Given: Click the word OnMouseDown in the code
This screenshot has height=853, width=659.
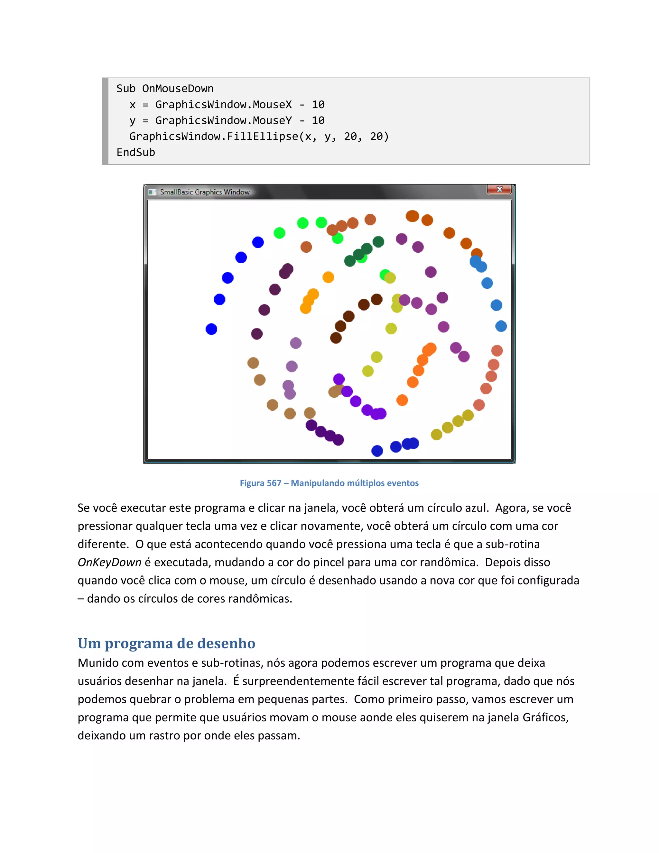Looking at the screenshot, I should (x=178, y=89).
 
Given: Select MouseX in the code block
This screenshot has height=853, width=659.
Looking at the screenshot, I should (x=272, y=105).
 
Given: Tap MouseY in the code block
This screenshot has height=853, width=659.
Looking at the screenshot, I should (x=272, y=121).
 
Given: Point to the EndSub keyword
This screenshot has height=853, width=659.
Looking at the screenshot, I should (x=135, y=152).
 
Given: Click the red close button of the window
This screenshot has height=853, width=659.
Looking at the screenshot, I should (x=499, y=189).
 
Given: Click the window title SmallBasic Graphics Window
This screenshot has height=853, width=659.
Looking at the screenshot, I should (x=205, y=192).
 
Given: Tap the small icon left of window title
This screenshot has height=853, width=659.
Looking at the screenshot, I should (x=152, y=192).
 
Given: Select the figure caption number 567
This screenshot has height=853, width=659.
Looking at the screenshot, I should (x=274, y=483).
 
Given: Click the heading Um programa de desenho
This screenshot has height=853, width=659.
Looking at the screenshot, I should (x=166, y=643).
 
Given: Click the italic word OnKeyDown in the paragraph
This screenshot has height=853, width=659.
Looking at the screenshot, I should (x=109, y=562).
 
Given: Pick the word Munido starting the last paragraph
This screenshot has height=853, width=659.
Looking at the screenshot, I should (x=98, y=663).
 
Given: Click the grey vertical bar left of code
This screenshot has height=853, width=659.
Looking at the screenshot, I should (x=105, y=121).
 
